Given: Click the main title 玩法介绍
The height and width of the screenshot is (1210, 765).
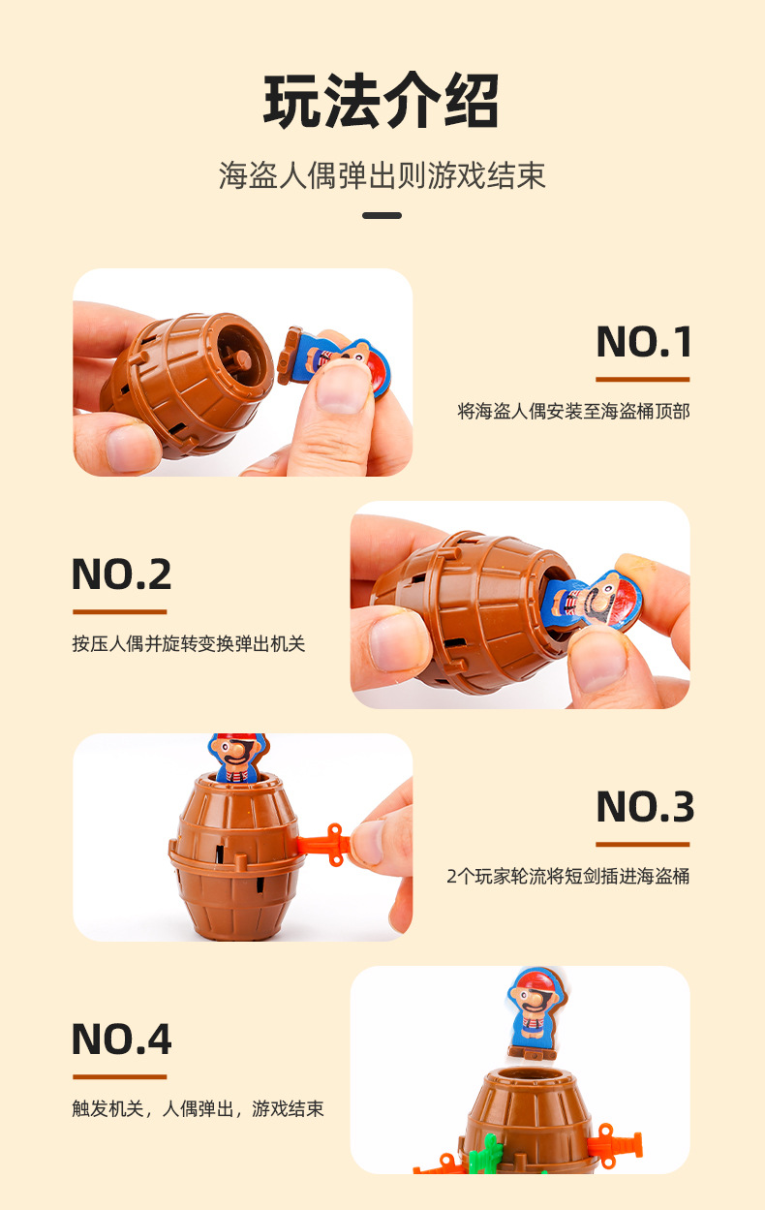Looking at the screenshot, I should click(382, 101).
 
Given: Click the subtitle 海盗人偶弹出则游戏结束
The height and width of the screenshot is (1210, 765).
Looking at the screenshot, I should click(382, 175).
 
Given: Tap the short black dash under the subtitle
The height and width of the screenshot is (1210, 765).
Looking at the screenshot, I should click(382, 215).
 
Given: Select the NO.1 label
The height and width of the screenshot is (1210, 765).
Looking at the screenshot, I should click(644, 342).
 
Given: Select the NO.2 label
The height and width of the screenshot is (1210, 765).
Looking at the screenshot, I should click(121, 574).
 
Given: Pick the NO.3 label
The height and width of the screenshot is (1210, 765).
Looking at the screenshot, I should click(644, 807).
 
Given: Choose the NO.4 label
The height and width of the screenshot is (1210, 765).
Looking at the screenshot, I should click(121, 1039).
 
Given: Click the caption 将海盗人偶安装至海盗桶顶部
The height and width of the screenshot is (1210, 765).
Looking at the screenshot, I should click(573, 412).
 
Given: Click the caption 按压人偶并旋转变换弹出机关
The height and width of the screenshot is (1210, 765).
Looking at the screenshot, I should click(188, 644).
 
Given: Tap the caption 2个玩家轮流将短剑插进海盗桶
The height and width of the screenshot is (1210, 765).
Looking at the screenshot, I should click(567, 877).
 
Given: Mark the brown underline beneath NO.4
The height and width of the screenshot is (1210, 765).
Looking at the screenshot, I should click(119, 1076).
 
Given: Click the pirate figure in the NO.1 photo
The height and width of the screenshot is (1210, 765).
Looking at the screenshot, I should click(334, 361).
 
